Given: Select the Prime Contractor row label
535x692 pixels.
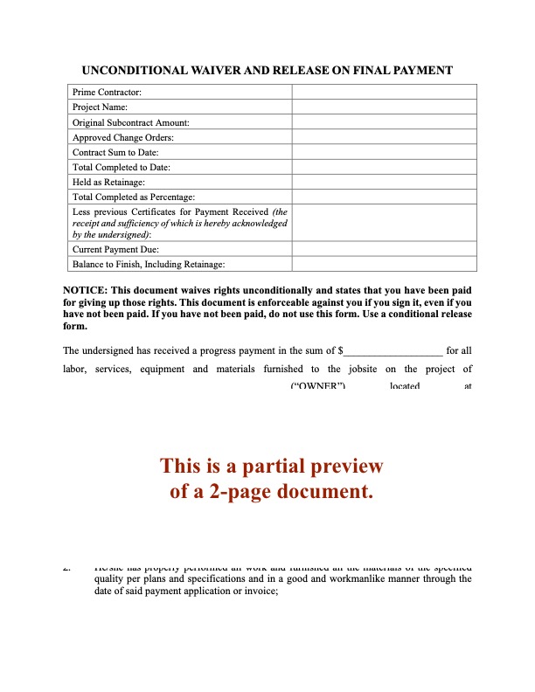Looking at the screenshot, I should click(x=107, y=92).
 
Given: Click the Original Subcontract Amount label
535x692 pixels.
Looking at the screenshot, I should click(x=130, y=122).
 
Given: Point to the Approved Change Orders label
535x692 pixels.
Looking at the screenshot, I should click(x=123, y=137).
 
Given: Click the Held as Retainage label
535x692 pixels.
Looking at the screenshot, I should click(x=108, y=182).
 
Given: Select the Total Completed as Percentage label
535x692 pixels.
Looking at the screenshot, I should click(x=134, y=197).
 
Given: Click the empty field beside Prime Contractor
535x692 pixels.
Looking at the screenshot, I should click(x=384, y=92).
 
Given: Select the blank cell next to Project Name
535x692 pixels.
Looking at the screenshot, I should click(x=384, y=107).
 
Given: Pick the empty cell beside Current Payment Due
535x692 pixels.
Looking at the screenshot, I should click(x=384, y=249).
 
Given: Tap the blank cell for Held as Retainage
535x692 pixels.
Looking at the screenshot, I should click(x=384, y=182).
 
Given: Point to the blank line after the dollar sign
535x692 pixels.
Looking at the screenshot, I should click(x=395, y=352).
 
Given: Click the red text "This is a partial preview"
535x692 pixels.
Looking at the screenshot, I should click(x=271, y=467).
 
